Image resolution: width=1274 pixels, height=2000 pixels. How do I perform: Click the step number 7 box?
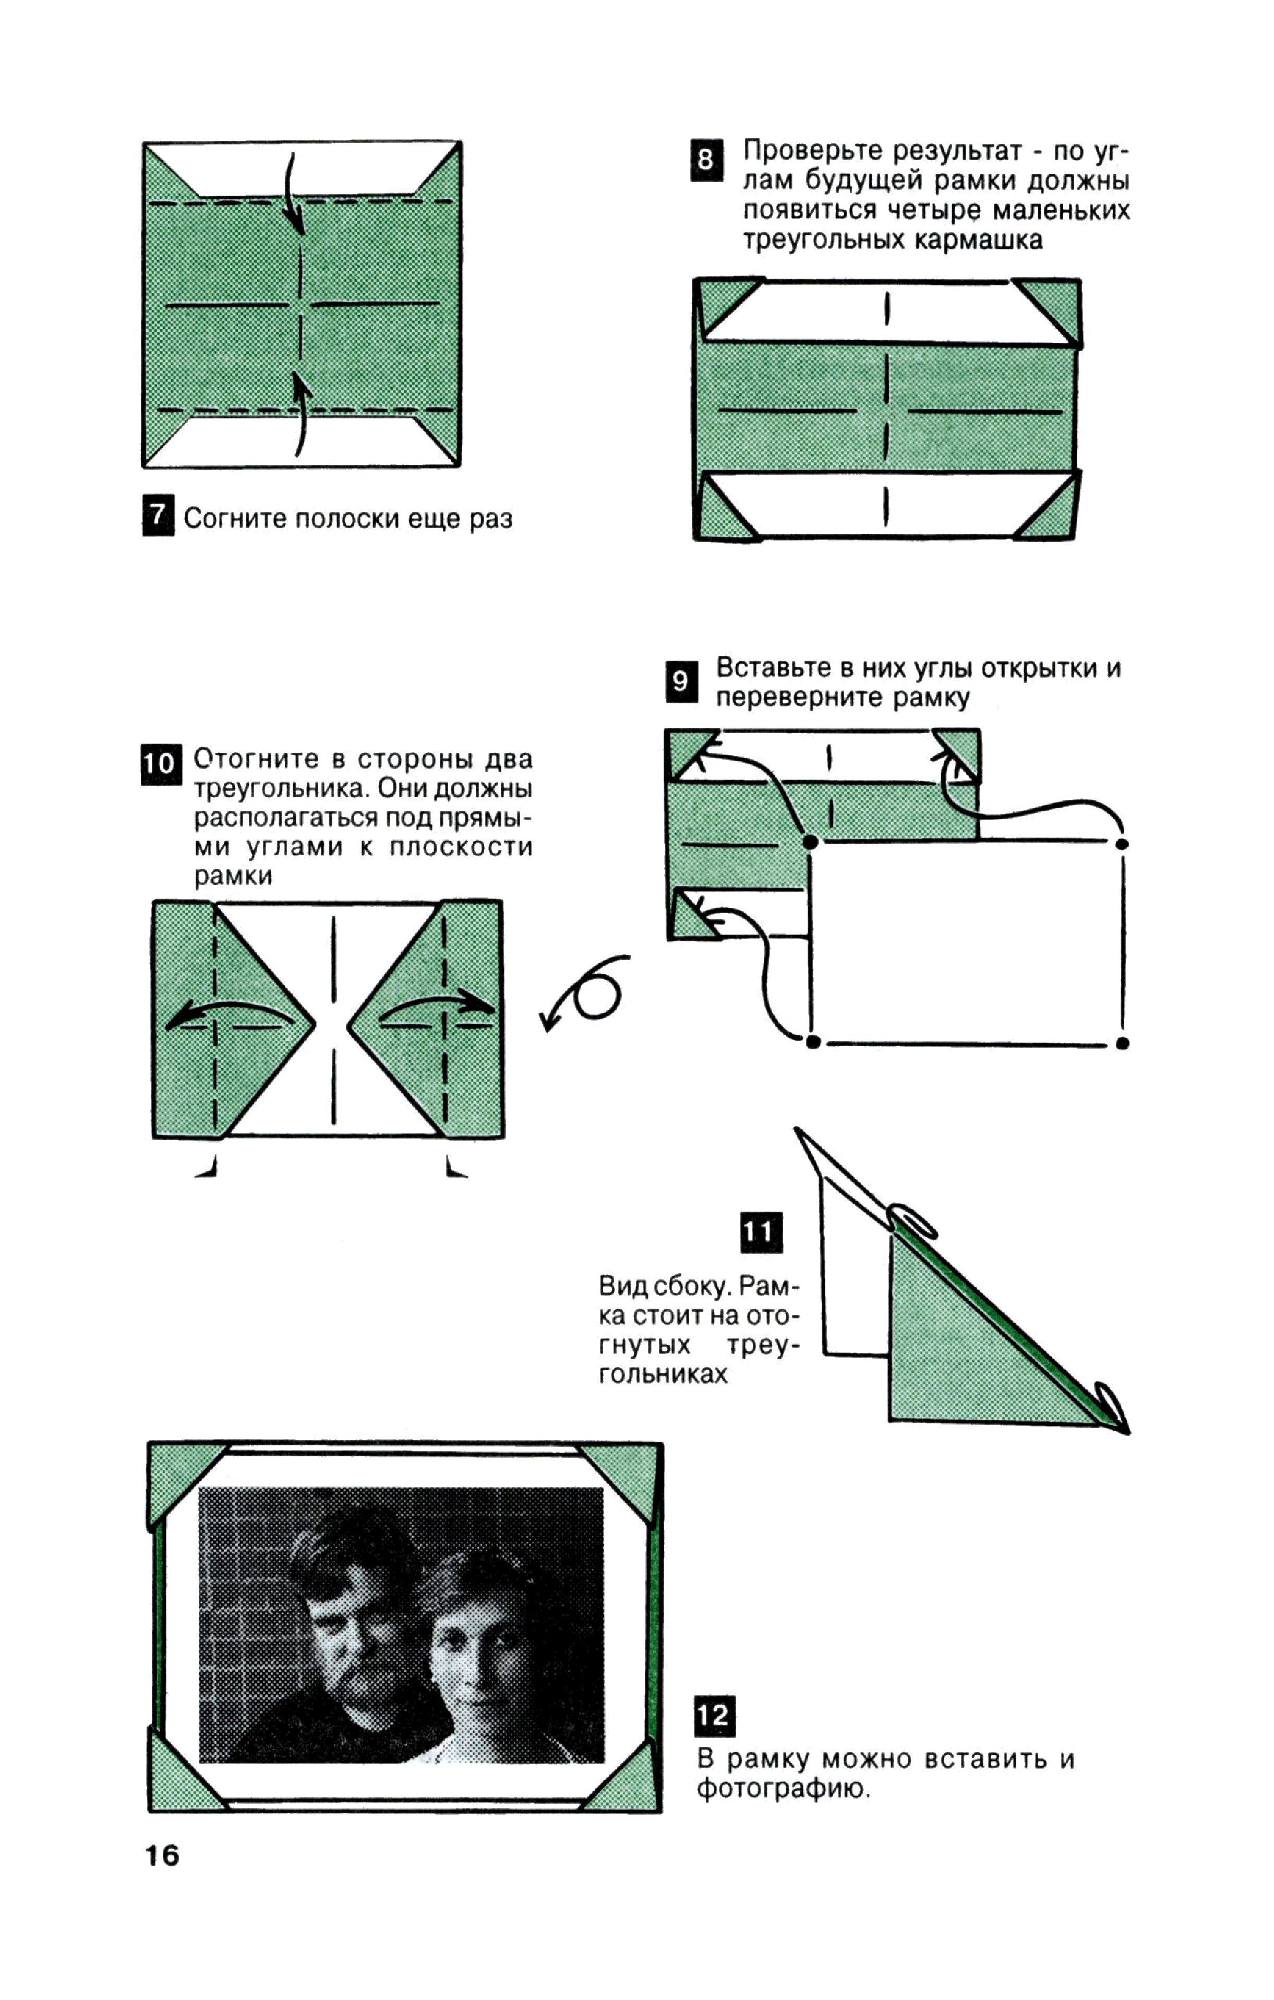158,516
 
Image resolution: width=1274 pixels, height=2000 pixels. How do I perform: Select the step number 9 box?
681,681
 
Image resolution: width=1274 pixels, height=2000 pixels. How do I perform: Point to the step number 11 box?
760,1232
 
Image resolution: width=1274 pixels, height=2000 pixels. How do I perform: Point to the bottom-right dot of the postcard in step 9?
1122,1043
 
